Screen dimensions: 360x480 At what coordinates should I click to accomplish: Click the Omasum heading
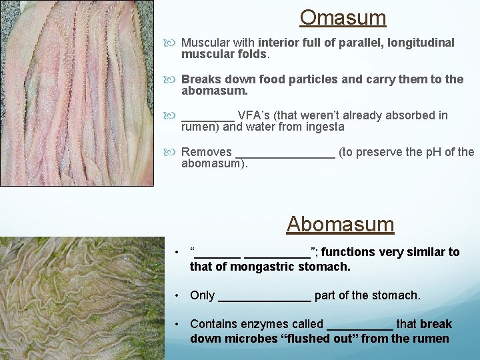[x=343, y=17]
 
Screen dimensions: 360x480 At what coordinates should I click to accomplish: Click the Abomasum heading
[x=340, y=224]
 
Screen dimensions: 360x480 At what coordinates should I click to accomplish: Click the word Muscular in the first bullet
[x=205, y=43]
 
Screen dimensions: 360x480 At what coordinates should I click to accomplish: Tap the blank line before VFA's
[x=207, y=116]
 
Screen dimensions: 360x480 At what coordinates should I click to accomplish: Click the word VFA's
[x=254, y=115]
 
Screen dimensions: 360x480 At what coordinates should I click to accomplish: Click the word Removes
[x=207, y=152]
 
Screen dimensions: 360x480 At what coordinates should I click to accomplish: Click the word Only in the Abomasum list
[x=202, y=295]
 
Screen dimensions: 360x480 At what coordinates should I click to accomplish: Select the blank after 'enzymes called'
[x=360, y=325]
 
